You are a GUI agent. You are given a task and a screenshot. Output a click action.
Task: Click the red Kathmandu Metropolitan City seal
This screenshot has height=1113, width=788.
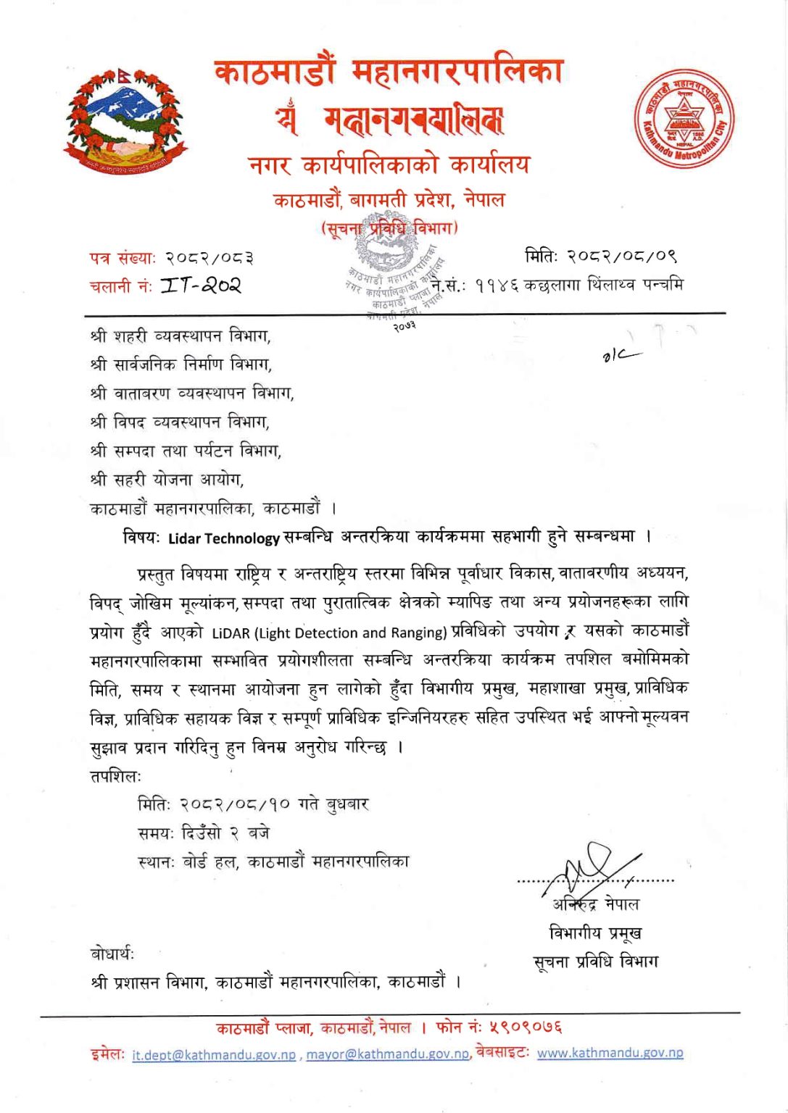coord(684,119)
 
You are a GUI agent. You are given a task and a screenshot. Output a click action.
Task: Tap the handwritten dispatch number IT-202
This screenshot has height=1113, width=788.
coord(201,285)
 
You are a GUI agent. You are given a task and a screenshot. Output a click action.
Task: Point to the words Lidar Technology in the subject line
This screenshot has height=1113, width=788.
coord(223,538)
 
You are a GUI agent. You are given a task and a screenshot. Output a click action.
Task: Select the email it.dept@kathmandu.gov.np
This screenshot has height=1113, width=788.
coord(214,1055)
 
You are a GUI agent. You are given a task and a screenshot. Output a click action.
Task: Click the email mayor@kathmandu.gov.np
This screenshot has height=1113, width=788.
coord(388,1054)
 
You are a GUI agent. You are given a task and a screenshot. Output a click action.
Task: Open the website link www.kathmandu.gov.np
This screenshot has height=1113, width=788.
coord(610,1054)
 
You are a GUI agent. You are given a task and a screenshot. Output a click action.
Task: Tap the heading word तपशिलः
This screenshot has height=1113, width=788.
coord(115,776)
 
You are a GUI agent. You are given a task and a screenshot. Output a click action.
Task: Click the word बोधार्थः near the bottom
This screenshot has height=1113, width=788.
coord(112,954)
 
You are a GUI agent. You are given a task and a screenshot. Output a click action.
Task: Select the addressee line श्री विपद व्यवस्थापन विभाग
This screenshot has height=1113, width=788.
coord(180,422)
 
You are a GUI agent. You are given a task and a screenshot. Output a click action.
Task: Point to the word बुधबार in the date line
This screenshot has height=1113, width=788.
coord(348,804)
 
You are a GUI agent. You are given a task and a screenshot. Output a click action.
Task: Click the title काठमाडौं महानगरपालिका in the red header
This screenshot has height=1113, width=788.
coord(389,72)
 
